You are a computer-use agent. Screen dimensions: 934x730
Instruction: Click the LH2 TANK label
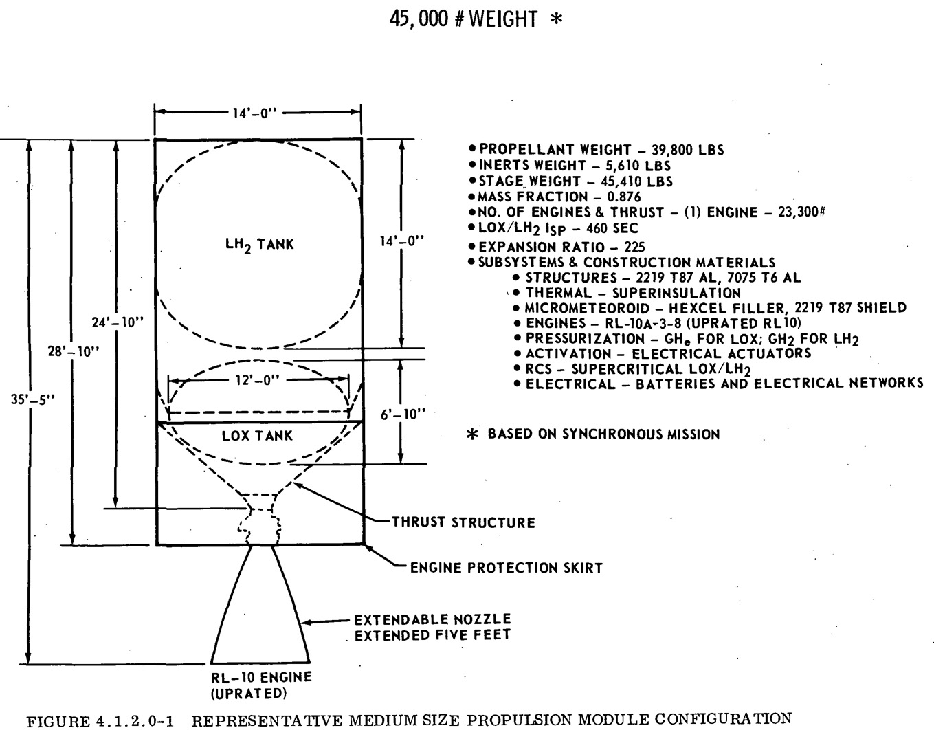pyautogui.click(x=259, y=245)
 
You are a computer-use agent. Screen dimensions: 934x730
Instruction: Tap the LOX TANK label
pyautogui.click(x=257, y=436)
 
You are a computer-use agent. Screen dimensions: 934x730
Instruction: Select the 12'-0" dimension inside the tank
pyautogui.click(x=258, y=380)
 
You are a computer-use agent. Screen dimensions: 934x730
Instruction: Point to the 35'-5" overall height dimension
pyautogui.click(x=33, y=399)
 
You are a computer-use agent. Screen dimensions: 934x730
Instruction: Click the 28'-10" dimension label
pyautogui.click(x=74, y=352)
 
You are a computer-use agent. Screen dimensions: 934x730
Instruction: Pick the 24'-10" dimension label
pyautogui.click(x=118, y=322)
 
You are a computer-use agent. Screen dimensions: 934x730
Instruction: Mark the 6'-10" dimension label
pyautogui.click(x=403, y=414)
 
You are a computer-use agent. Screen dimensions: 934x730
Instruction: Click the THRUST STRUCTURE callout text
pyautogui.click(x=463, y=522)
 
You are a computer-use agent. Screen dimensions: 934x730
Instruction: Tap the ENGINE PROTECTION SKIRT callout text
pyautogui.click(x=507, y=568)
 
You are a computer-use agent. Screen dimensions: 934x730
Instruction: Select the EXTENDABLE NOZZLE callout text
pyautogui.click(x=432, y=619)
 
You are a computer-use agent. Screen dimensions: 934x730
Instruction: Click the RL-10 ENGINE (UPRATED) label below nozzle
pyautogui.click(x=261, y=685)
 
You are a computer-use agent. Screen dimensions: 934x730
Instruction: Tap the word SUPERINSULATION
pyautogui.click(x=676, y=294)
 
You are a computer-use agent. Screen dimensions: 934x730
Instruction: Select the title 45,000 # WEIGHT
pyautogui.click(x=464, y=19)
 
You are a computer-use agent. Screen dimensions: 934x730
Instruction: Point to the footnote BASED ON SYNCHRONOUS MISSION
pyautogui.click(x=603, y=434)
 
